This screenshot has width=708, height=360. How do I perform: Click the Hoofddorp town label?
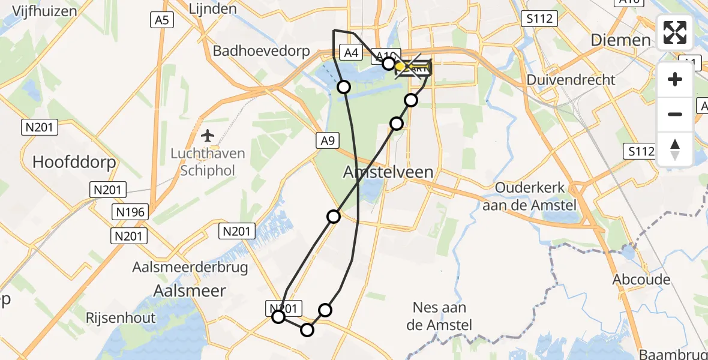tap(74, 162)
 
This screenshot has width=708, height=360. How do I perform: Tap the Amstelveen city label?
tap(388, 172)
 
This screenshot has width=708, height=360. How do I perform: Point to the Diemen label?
tap(621, 40)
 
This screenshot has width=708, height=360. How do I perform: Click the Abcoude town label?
tap(641, 280)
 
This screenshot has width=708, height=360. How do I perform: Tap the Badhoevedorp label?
tap(262, 50)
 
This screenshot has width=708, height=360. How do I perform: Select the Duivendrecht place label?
tap(571, 80)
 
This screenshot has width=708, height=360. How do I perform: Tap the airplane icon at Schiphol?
tap(208, 135)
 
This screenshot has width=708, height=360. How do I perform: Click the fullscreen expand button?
tap(675, 32)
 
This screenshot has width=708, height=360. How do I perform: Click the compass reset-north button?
tap(675, 149)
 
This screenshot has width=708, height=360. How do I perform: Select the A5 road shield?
tap(162, 20)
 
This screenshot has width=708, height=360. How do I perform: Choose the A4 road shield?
tap(351, 53)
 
